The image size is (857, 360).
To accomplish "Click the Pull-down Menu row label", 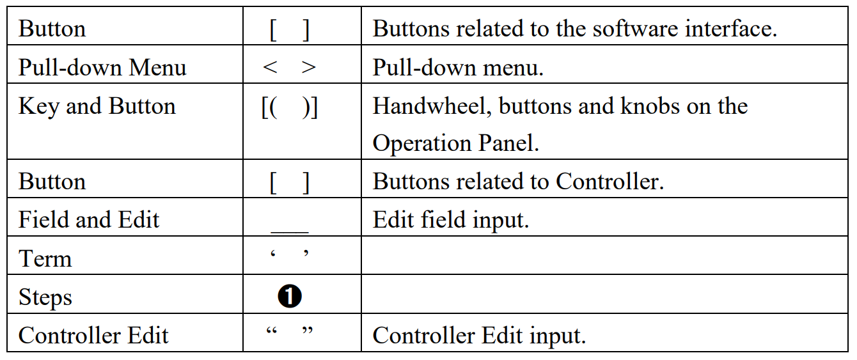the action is click(102, 68).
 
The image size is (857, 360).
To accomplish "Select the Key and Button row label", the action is click(97, 106).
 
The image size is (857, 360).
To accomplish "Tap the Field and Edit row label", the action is click(89, 220).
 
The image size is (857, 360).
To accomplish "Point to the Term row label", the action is click(45, 258).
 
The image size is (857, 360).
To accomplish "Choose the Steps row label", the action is click(45, 297).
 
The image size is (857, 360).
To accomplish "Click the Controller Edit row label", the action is click(93, 336).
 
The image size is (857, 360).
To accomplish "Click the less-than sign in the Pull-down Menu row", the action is click(270, 67).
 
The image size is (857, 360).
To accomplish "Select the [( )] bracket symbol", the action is click(290, 107).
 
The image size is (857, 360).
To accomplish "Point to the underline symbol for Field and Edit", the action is click(290, 232).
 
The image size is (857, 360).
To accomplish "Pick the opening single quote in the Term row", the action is click(273, 254).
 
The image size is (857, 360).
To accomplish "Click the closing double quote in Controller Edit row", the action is click(308, 330).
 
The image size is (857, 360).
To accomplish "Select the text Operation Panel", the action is click(455, 143).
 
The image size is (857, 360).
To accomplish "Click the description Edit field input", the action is click(451, 220).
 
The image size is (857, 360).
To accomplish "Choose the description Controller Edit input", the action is click(480, 336).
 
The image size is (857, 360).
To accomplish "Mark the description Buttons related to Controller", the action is click(519, 182).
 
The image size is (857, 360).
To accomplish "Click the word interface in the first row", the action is click(731, 29).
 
